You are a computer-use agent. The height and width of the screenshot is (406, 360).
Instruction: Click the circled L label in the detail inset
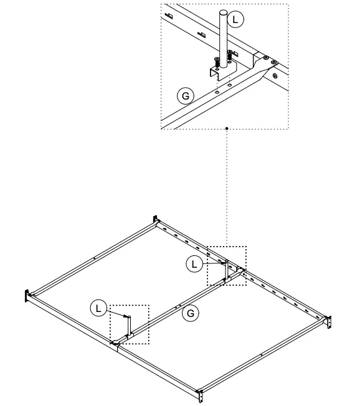[x=235, y=19]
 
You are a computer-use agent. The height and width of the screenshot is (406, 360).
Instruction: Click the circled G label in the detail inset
[x=185, y=97]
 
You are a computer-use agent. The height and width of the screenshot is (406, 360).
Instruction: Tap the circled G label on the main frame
[x=192, y=314]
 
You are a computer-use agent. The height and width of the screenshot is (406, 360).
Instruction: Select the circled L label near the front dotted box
[x=98, y=307]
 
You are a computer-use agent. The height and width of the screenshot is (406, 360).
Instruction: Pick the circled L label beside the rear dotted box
[x=194, y=264]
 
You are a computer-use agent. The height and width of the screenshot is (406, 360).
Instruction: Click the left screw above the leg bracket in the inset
[x=216, y=62]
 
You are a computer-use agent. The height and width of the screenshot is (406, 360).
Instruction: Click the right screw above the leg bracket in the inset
[x=230, y=55]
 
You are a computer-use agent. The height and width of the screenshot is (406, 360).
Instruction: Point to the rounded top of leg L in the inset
[x=224, y=11]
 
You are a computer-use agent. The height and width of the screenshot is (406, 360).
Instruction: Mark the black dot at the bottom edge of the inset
[x=227, y=129]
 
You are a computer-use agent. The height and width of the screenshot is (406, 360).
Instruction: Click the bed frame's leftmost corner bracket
[x=27, y=297]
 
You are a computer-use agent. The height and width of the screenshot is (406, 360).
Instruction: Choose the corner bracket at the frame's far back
[x=156, y=220]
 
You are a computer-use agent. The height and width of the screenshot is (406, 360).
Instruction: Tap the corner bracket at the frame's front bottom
[x=200, y=395]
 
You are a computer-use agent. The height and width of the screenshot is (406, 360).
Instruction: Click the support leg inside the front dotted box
[x=128, y=326]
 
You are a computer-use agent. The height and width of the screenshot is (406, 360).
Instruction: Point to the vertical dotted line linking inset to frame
[x=227, y=187]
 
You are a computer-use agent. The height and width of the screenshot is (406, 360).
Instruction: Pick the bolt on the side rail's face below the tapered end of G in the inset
[x=273, y=78]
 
